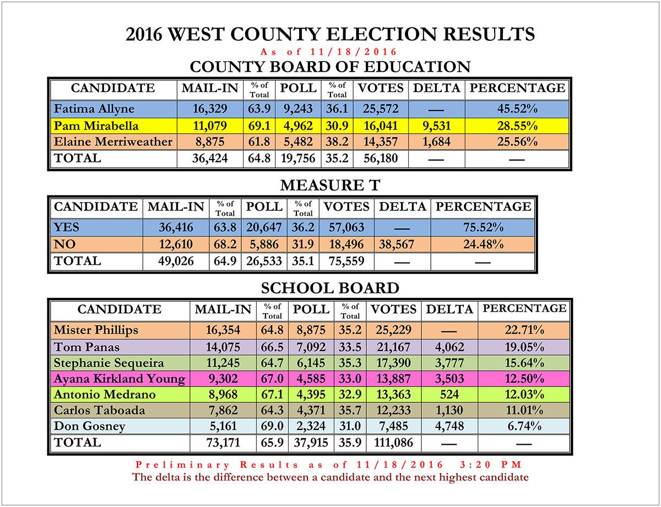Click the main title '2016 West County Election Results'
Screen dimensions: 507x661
point(330,35)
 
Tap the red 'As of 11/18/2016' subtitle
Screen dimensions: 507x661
point(330,52)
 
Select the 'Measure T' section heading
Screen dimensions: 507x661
point(330,186)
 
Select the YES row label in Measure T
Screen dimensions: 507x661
point(66,227)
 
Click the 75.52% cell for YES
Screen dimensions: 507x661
point(483,227)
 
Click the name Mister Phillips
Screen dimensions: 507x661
point(96,330)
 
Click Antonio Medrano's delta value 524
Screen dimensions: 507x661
point(449,394)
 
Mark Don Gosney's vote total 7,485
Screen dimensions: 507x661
point(393,426)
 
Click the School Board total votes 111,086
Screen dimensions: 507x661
point(393,442)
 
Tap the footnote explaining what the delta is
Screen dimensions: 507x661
point(330,477)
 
